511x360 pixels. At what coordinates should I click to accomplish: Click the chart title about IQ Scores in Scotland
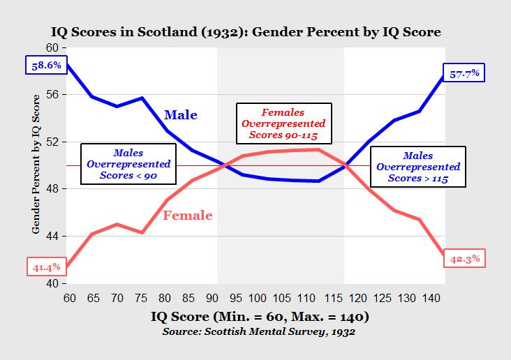click(x=256, y=32)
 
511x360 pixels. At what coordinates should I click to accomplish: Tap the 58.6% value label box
click(x=47, y=66)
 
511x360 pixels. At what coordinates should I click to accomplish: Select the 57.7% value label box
click(x=464, y=73)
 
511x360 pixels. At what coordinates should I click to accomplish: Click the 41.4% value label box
click(x=47, y=267)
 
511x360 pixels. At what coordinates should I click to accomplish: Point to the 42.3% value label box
click(x=464, y=258)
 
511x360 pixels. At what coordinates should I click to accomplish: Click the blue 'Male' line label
click(x=181, y=115)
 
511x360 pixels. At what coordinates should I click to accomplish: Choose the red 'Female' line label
click(x=187, y=216)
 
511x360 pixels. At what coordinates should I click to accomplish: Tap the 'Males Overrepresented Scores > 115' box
click(x=417, y=167)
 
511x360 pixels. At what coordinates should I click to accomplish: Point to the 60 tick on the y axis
click(x=54, y=47)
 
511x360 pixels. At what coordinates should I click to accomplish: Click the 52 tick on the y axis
click(x=54, y=142)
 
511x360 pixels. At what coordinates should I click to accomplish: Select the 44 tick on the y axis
click(x=54, y=237)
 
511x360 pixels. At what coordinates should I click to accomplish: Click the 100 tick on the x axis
click(x=258, y=298)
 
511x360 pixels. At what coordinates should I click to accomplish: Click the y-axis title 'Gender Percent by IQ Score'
click(x=36, y=165)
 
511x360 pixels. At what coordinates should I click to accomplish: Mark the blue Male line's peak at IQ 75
click(x=142, y=98)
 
